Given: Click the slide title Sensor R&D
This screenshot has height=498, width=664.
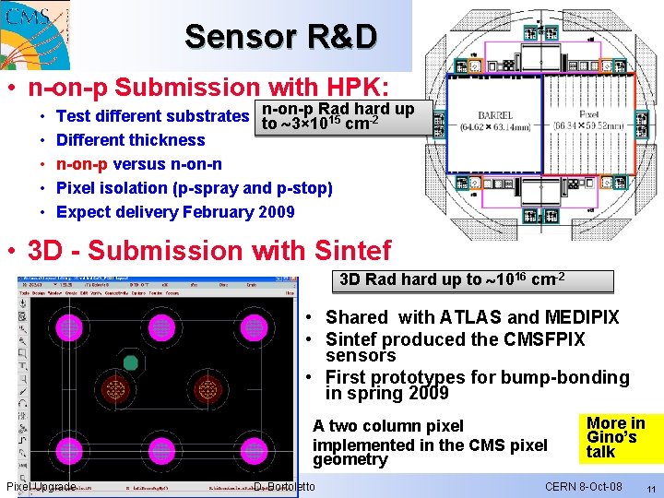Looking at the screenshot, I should tap(280, 36).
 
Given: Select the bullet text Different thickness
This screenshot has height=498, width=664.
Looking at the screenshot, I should tap(130, 140).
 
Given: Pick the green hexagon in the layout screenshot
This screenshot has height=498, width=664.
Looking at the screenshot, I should tap(131, 362).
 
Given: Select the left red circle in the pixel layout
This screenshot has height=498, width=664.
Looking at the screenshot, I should tap(115, 388).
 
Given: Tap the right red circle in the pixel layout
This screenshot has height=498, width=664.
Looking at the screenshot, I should tap(207, 388).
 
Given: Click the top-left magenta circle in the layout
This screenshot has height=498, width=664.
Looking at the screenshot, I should tap(70, 327).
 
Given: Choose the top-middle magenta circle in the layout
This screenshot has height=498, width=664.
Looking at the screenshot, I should tap(161, 327).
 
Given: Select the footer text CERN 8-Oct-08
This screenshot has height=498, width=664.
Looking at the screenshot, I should tap(583, 487).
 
